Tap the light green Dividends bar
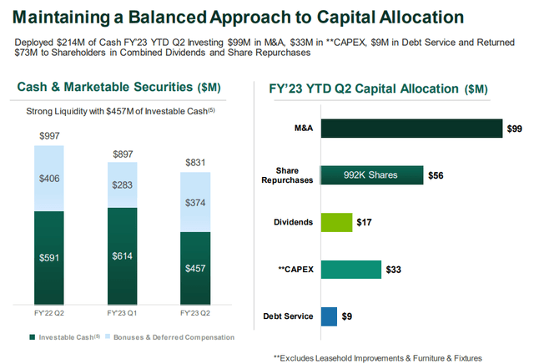coord(338,222)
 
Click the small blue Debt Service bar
coord(329,316)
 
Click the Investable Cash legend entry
coord(63,337)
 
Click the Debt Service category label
coord(289,316)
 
